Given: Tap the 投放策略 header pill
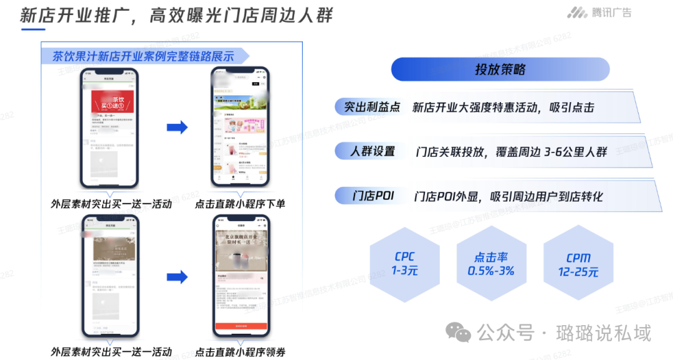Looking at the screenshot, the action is coord(500,69).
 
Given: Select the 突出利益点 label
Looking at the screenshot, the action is coord(372,107).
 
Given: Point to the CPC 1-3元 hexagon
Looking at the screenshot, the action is coord(404,263).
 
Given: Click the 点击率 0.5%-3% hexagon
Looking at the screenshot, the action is coord(491,263).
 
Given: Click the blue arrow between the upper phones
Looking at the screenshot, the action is coord(177,127).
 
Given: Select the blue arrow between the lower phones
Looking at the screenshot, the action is coord(177,277).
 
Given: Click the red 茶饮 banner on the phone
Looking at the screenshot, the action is coord(113,101).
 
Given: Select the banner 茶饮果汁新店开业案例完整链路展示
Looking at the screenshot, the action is coord(143,56).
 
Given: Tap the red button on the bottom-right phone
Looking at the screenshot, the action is coord(241,326).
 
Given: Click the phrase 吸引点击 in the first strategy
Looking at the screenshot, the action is coord(571,107).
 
